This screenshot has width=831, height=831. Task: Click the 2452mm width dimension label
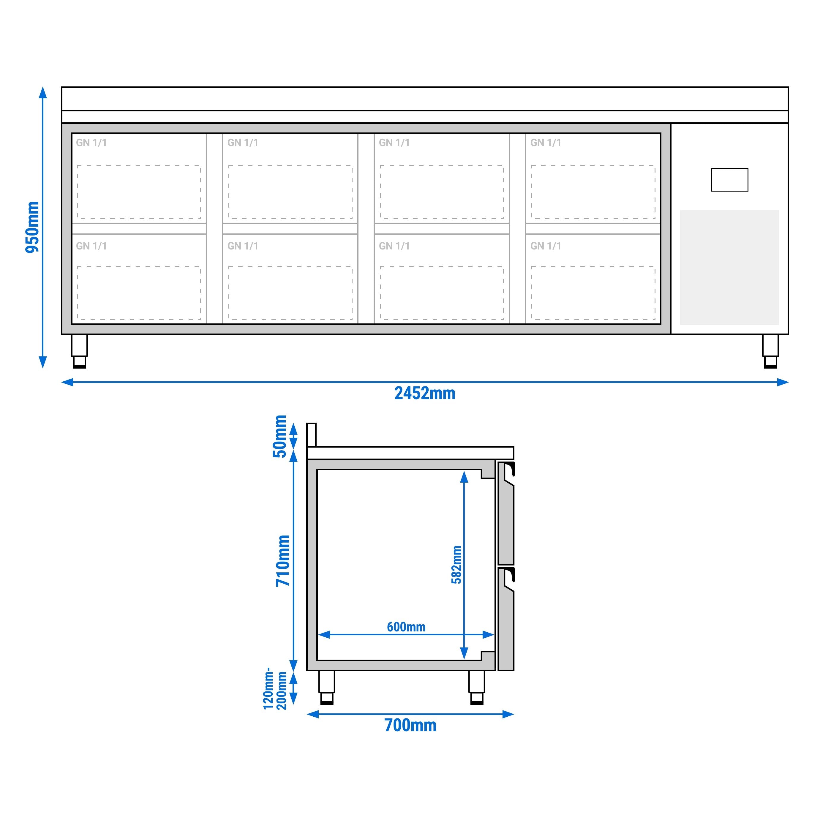click(x=424, y=393)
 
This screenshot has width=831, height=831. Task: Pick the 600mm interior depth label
click(x=406, y=627)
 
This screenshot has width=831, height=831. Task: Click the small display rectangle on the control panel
click(x=729, y=180)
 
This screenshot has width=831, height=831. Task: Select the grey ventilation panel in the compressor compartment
click(x=729, y=268)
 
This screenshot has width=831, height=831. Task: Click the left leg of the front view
click(x=79, y=350)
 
